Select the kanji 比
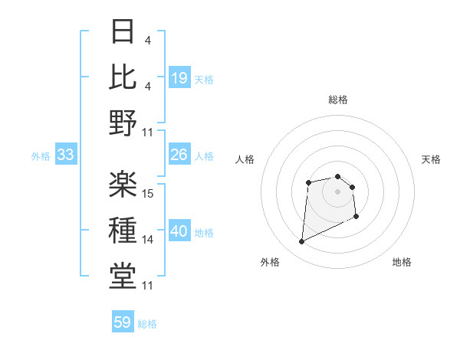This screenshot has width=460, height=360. tap(123, 76)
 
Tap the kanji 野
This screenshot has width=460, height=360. tap(123, 123)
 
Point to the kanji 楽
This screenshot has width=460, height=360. tap(123, 184)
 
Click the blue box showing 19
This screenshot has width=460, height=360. tap(179, 78)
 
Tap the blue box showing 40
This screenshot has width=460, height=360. tap(179, 232)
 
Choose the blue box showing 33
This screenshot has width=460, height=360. tap(65, 155)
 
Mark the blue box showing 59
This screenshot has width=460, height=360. tap(123, 322)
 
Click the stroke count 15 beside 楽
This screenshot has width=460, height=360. tap(149, 192)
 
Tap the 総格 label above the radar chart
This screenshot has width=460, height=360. tap(338, 100)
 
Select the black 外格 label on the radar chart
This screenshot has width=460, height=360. tap(270, 262)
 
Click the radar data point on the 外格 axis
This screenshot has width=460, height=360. tap(302, 242)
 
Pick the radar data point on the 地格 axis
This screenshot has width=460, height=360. tap(356, 218)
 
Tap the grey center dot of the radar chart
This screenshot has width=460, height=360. tap(338, 191)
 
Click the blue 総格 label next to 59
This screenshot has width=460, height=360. tap(147, 324)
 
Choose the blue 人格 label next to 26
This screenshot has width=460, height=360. tap(204, 156)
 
